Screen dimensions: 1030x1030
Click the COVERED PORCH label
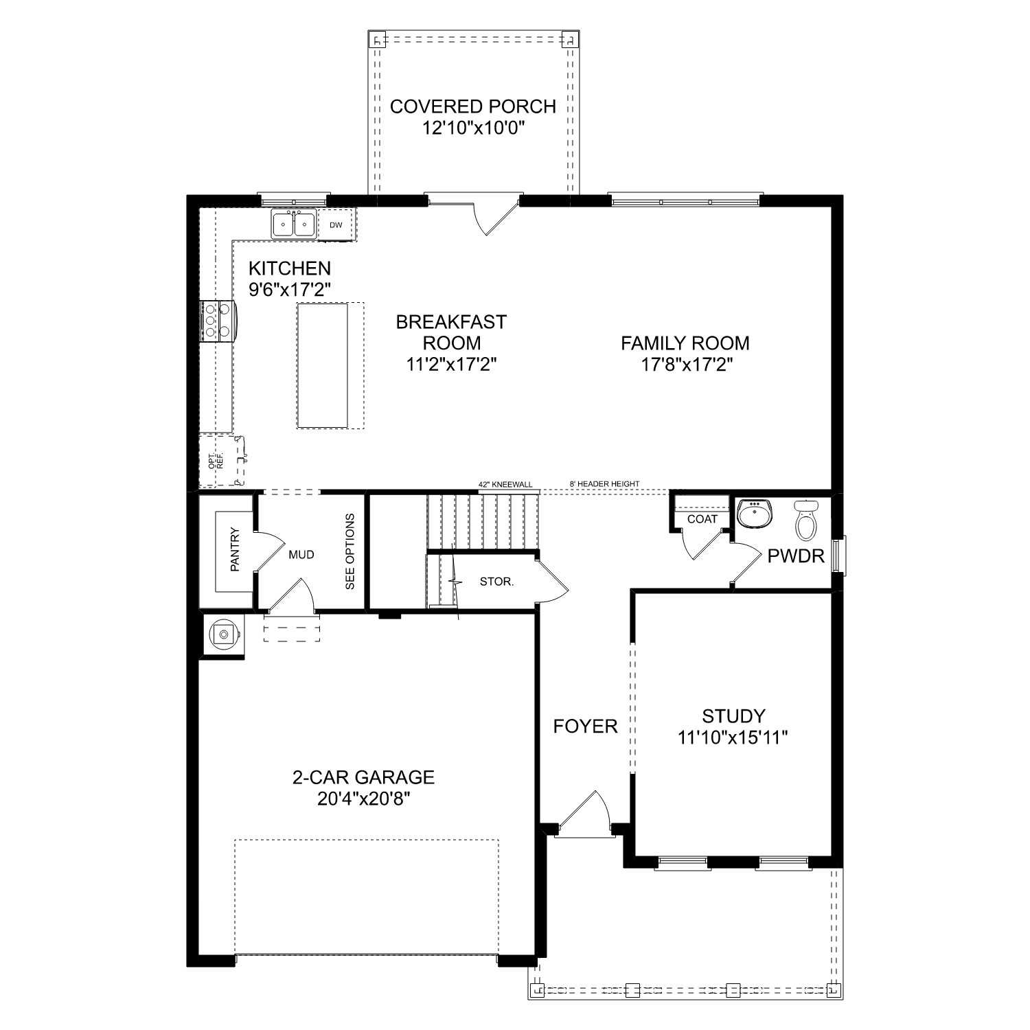tap(472, 106)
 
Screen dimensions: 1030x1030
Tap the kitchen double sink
tap(293, 225)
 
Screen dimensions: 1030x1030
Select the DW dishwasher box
tap(336, 225)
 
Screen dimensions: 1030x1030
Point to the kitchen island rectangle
tap(322, 365)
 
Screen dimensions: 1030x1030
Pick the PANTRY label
tap(235, 549)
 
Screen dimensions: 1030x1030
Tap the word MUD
tap(301, 554)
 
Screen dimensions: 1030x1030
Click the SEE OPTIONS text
tap(350, 551)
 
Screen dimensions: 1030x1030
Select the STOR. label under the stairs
tap(496, 582)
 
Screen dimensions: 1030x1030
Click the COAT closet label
tap(702, 519)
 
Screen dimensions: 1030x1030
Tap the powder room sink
tap(754, 514)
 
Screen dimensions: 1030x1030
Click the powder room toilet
tap(805, 520)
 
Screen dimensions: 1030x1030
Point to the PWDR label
tap(796, 556)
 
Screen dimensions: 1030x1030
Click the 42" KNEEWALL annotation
tap(505, 484)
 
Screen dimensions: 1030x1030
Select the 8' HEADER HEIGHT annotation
tap(604, 484)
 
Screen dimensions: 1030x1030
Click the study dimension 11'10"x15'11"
tap(733, 737)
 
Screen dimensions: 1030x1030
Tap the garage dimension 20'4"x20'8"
tap(363, 799)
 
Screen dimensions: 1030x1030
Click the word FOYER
tap(585, 726)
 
